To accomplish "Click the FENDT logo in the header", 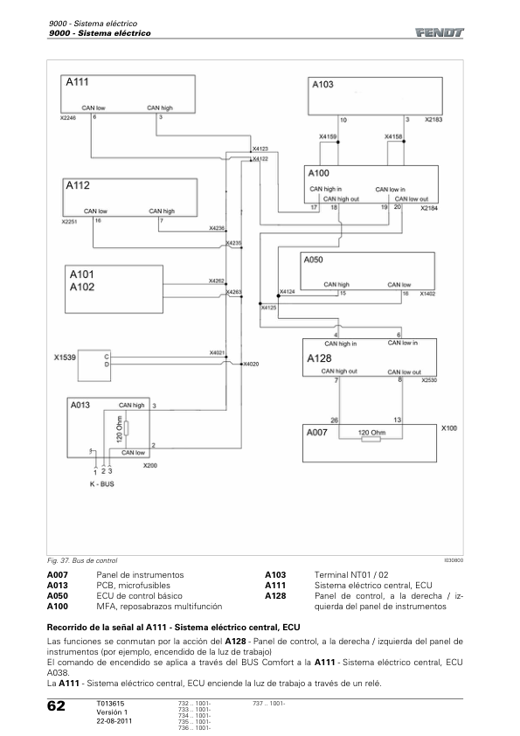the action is (x=439, y=32).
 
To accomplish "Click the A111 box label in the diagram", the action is (x=77, y=82).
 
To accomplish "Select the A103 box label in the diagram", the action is (x=322, y=85).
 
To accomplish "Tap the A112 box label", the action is (x=78, y=185).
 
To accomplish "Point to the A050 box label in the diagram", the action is (x=313, y=260).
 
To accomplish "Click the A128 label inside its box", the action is (x=319, y=358).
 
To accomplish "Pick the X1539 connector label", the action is (x=65, y=358).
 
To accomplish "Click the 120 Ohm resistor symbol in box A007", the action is (x=371, y=440).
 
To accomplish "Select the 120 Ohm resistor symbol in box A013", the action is (x=127, y=428).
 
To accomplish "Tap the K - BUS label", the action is (x=102, y=484).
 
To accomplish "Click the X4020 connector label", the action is (x=251, y=365).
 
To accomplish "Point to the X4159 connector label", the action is (x=328, y=136).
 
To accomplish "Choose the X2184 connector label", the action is (x=429, y=208).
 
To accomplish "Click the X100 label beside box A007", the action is (x=449, y=428).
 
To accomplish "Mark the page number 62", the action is (x=56, y=706).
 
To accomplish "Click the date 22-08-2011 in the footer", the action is (x=114, y=721).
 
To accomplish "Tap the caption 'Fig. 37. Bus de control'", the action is (x=82, y=560).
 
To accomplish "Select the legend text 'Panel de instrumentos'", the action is (x=140, y=575).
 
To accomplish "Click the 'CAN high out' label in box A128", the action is (x=339, y=371).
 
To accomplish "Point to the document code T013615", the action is (x=110, y=704).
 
